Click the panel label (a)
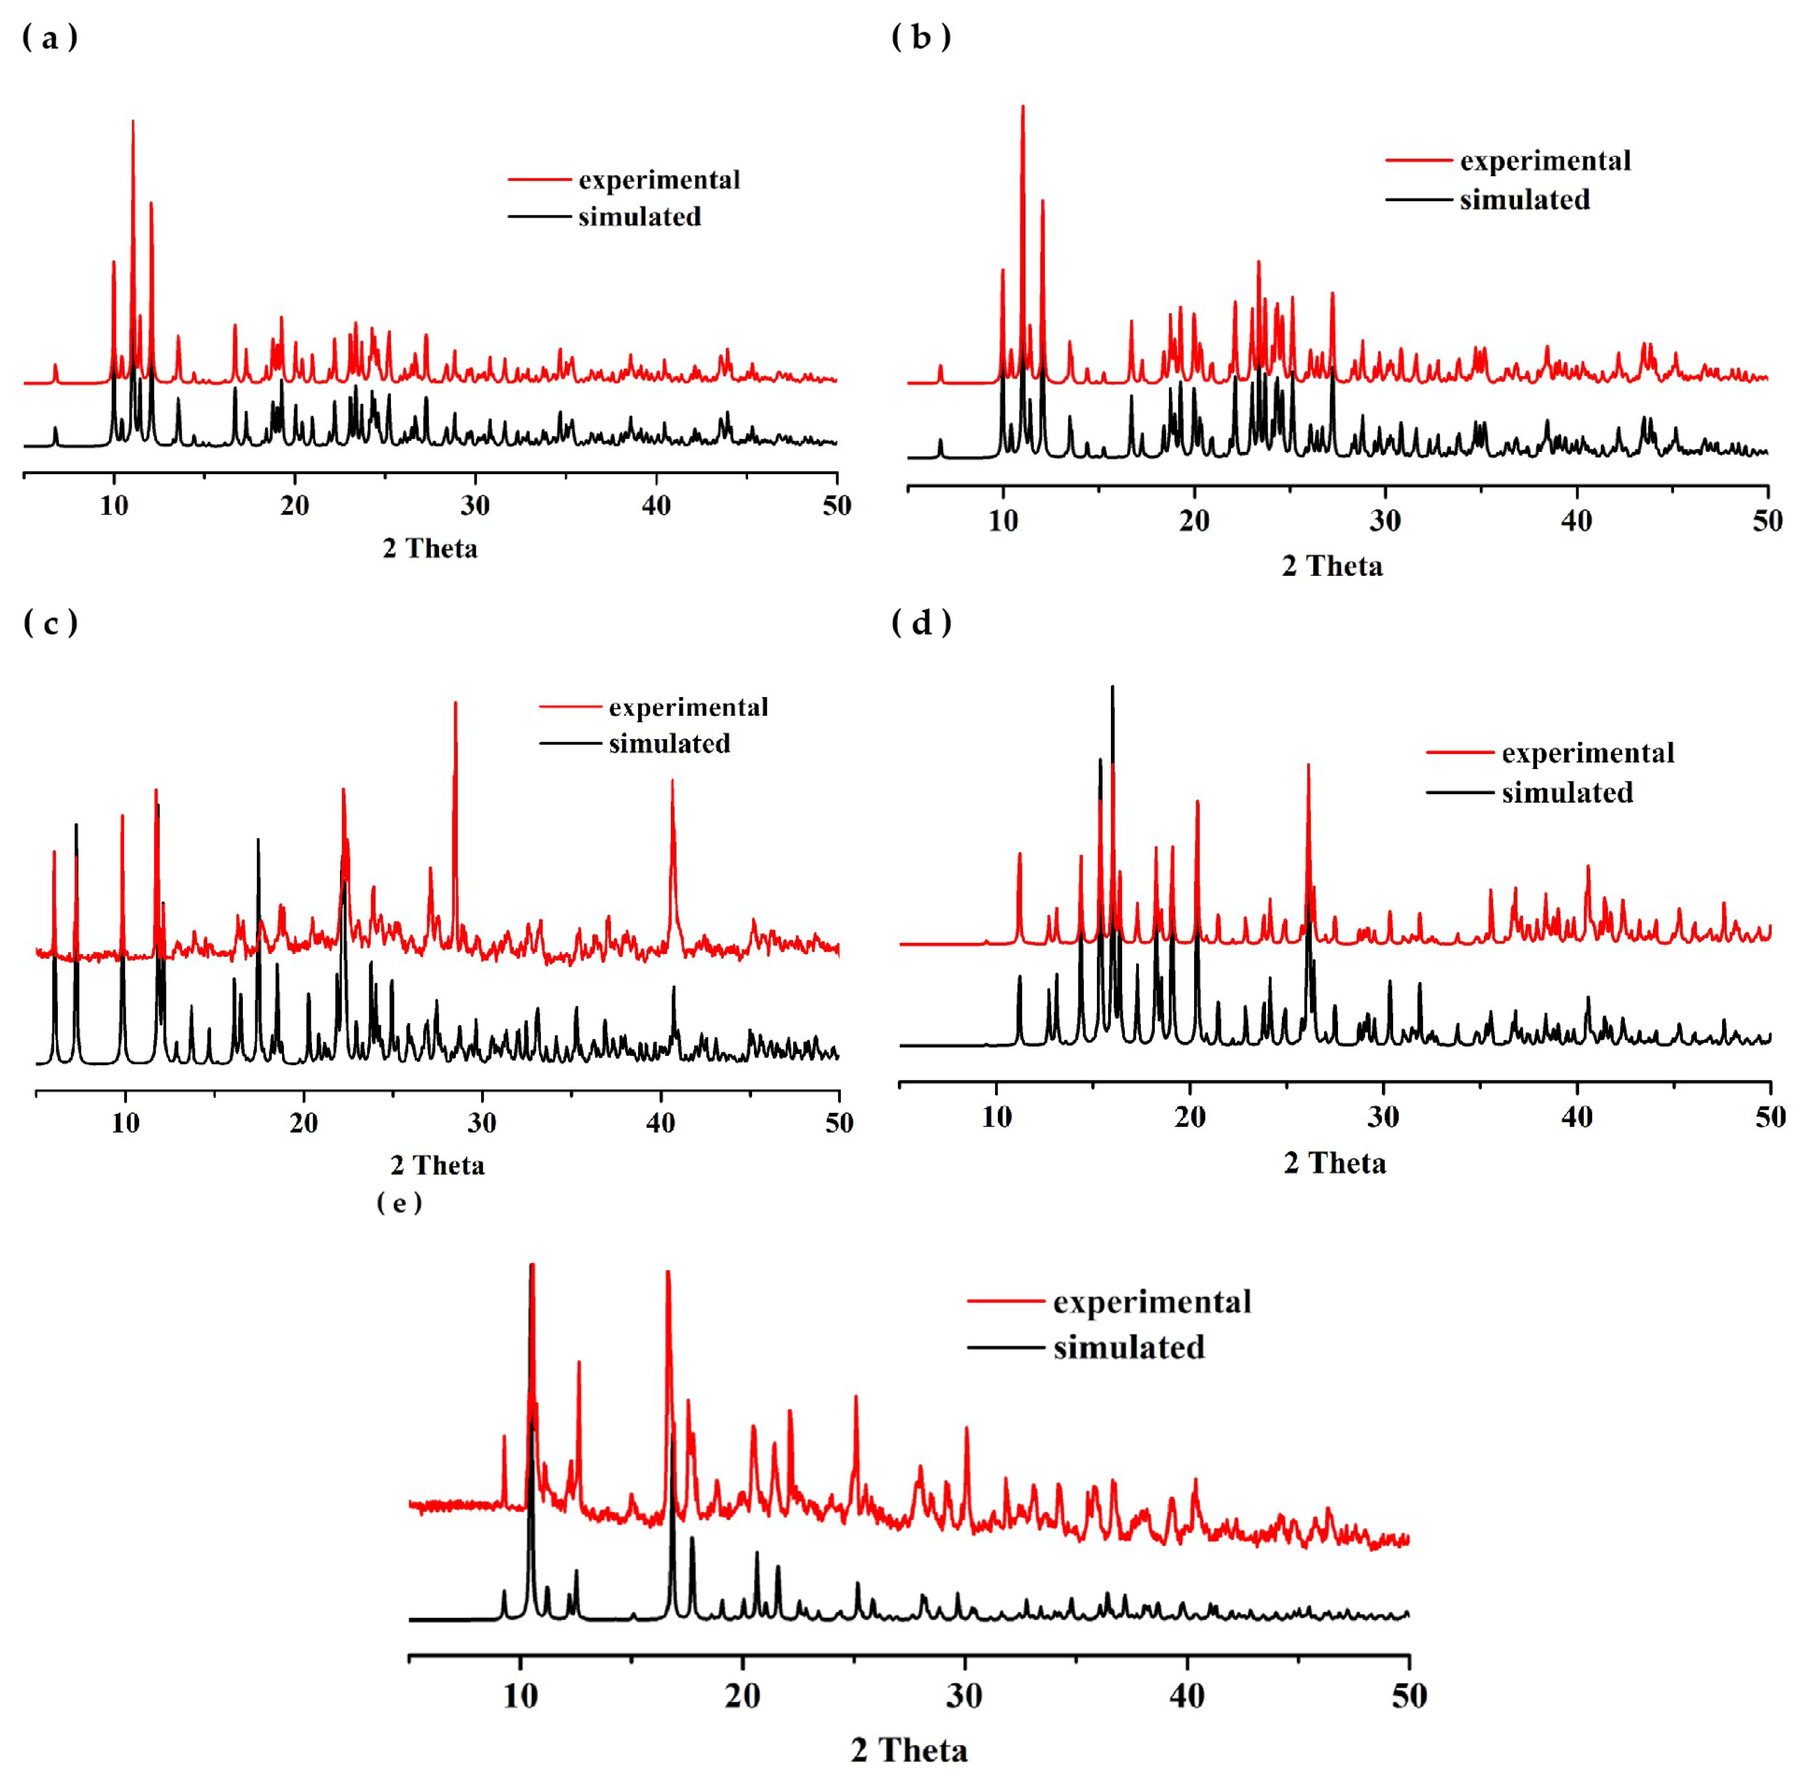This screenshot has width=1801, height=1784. pos(49,38)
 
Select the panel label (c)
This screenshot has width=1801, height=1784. pos(49,623)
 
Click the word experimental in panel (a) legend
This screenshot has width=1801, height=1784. pos(659,179)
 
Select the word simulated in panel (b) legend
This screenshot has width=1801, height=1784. pos(1524,200)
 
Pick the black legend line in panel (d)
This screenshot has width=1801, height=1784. pos(1460,792)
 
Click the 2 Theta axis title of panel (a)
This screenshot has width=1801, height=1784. pos(430,548)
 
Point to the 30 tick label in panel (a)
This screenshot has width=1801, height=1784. pos(475,506)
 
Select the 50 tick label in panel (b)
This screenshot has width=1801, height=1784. pos(1766,521)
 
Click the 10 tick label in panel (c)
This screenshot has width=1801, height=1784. pos(125,1123)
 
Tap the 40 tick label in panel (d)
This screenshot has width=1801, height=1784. pos(1576,1117)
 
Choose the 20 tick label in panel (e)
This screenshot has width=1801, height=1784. pos(742,1696)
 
